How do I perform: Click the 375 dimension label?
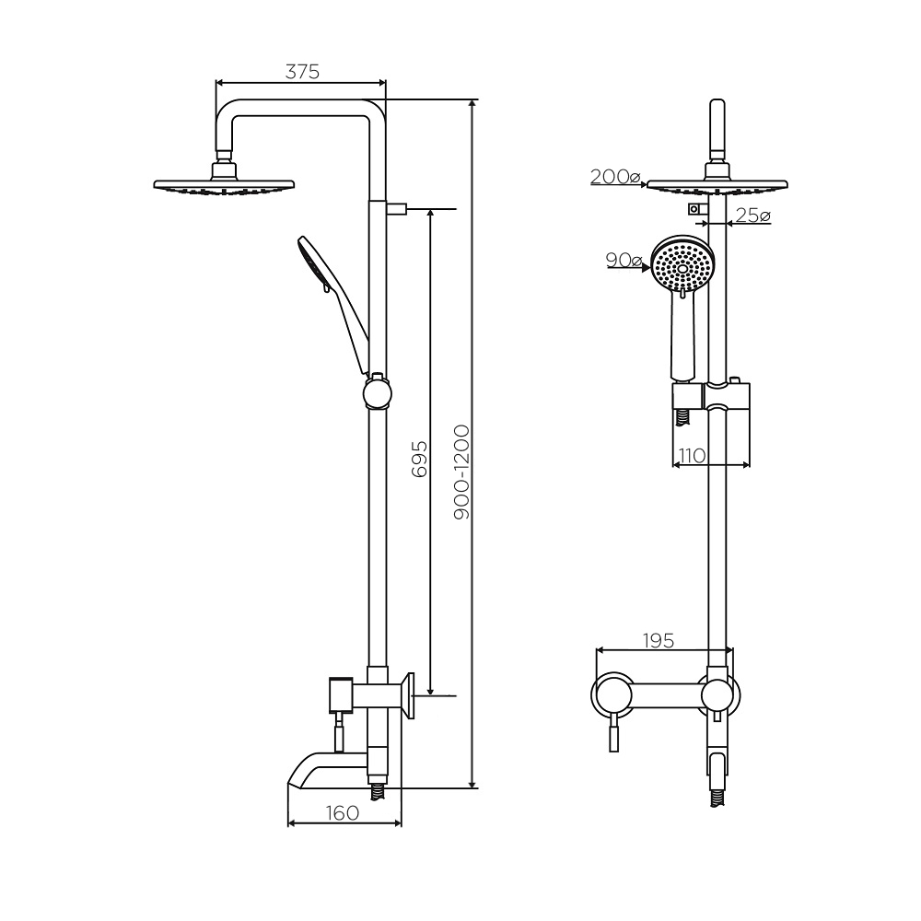[x=302, y=72]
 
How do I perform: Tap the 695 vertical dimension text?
[x=419, y=459]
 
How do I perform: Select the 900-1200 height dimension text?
[x=462, y=472]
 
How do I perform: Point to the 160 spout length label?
[x=342, y=813]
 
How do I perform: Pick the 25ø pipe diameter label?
[x=752, y=216]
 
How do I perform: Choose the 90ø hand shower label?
[x=624, y=260]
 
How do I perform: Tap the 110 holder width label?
[x=692, y=455]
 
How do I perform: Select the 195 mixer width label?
[x=658, y=640]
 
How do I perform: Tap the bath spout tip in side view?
[x=290, y=785]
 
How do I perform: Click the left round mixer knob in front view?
[x=613, y=695]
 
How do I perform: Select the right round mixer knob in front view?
[x=717, y=695]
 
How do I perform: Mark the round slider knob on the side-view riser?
[x=377, y=392]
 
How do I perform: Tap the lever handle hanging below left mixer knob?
[x=613, y=735]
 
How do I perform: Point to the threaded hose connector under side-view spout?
[x=377, y=792]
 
